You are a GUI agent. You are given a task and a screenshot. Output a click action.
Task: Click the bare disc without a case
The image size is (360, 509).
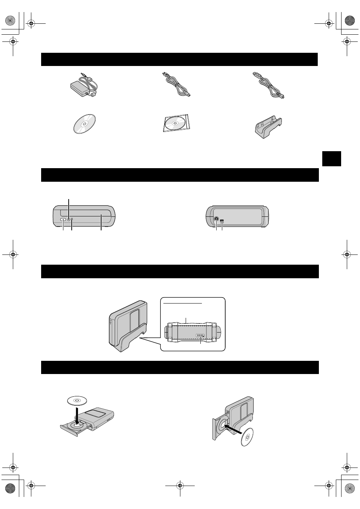84,123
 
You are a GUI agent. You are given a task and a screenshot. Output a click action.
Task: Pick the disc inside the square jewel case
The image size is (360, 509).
176,123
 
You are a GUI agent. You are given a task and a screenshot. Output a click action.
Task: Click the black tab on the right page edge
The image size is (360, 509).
332,158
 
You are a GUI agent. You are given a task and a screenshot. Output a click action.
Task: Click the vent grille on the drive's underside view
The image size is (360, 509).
200,335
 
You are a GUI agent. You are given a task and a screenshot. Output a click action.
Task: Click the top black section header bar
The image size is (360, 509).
179,60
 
